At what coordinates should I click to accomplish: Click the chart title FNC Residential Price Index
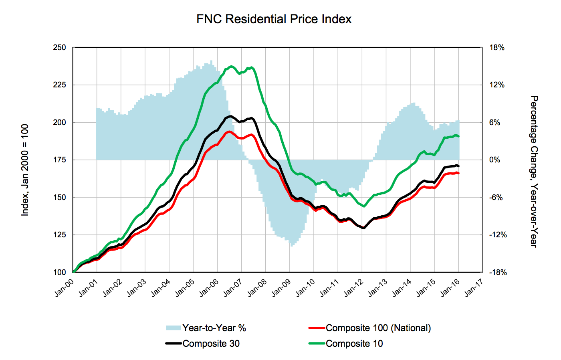click(274, 19)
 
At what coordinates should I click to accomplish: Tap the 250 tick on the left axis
click(59, 48)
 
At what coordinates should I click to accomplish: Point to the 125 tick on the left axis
click(59, 235)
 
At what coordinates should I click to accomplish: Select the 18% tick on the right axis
click(497, 48)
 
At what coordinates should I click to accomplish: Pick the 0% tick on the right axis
click(495, 160)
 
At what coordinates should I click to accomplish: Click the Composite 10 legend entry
click(354, 344)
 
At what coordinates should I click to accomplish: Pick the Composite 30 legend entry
click(211, 344)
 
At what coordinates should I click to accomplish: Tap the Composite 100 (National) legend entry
click(378, 328)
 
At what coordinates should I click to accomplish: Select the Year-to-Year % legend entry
click(214, 328)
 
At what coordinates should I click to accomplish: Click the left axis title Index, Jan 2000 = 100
click(25, 170)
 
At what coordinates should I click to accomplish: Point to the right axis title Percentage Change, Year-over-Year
click(534, 171)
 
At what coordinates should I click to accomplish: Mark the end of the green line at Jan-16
click(458, 136)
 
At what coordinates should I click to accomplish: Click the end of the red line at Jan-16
click(458, 173)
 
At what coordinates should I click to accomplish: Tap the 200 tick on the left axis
click(59, 122)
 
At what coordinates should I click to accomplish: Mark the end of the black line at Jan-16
click(458, 166)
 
